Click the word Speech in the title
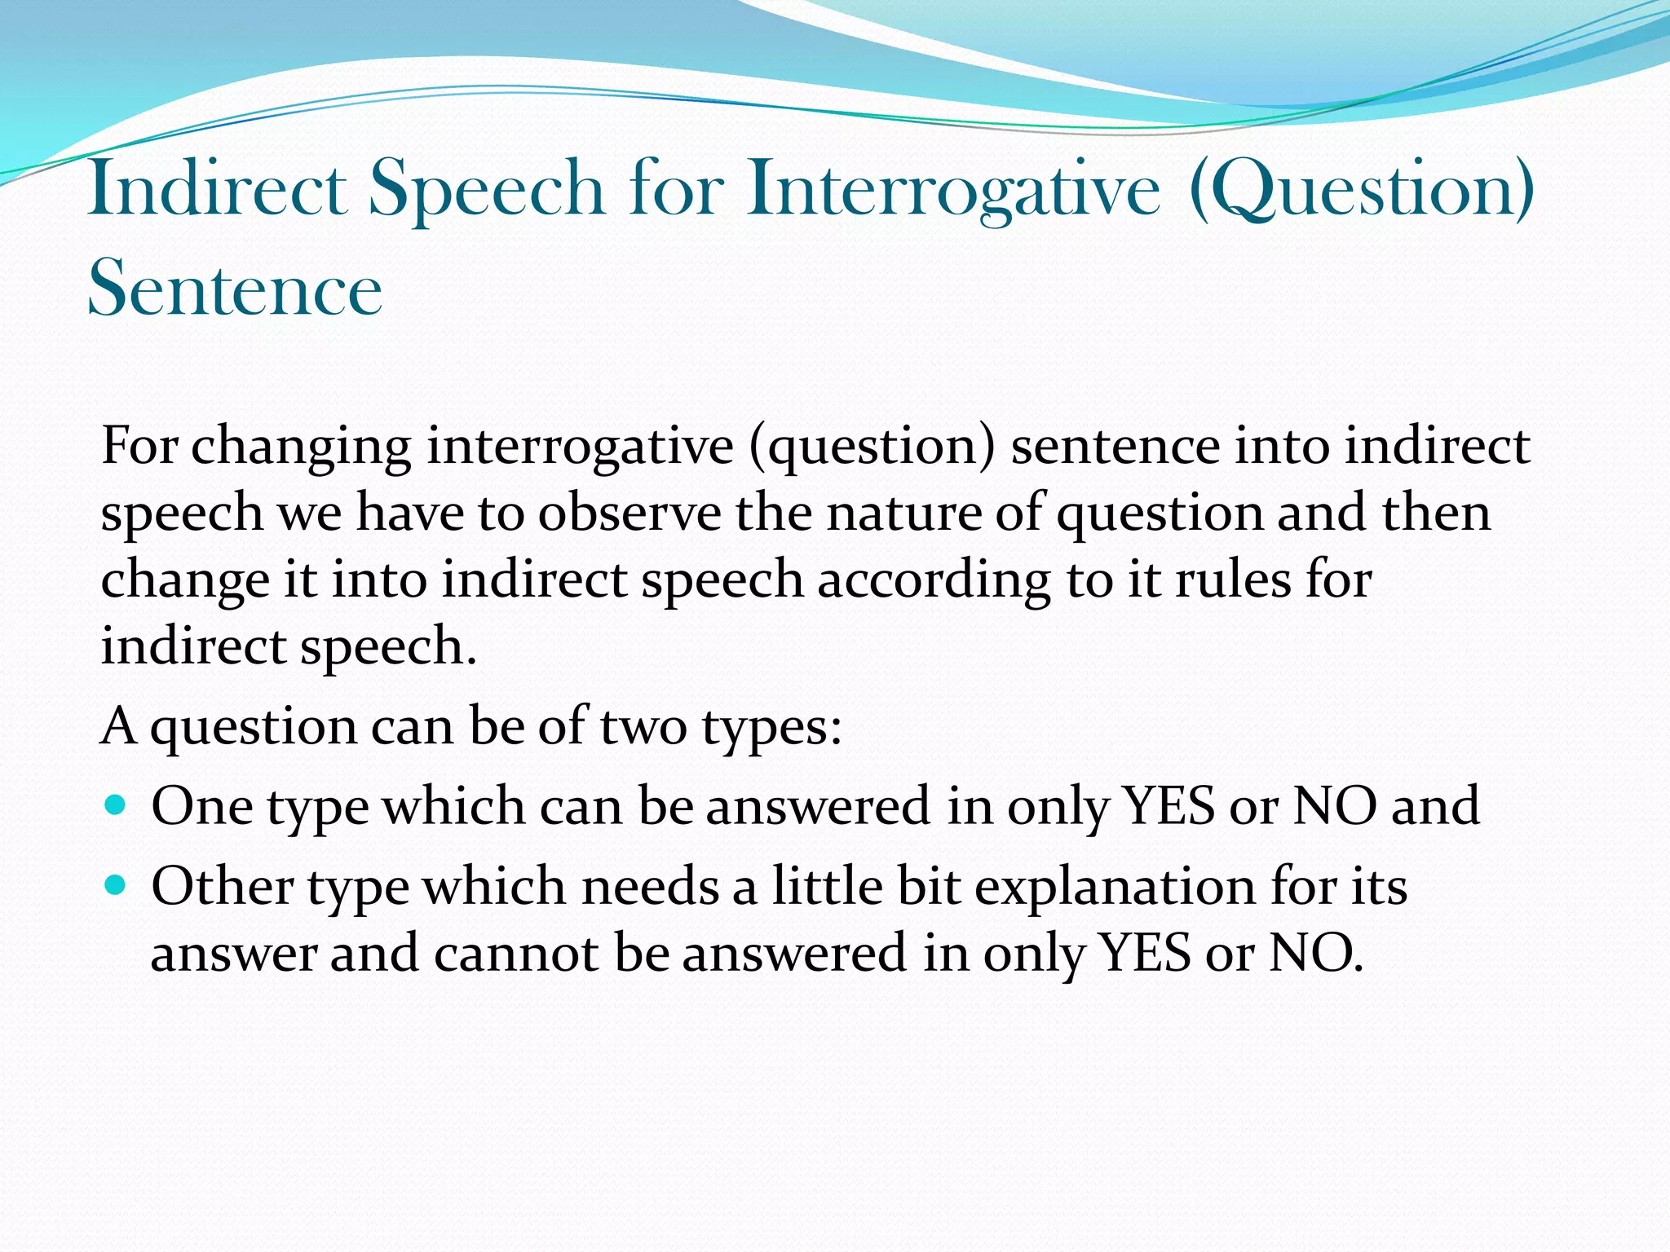[487, 189]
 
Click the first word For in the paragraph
[139, 446]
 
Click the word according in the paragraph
[934, 580]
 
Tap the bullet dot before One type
[117, 805]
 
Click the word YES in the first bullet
[1169, 805]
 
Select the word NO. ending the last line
[1315, 953]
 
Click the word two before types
[643, 727]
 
